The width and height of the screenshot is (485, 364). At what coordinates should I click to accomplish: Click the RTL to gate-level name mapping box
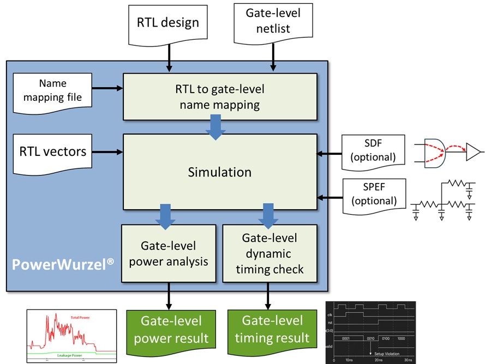pos(220,96)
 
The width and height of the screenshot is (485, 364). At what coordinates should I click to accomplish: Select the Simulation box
pos(220,172)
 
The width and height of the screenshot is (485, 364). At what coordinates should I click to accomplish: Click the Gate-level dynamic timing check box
pos(270,253)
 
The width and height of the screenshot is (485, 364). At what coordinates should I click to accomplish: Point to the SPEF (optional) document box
pos(373,193)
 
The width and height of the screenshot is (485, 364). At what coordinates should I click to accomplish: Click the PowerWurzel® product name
pos(63,264)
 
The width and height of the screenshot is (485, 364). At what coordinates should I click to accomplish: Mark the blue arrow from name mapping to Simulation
pos(216,129)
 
